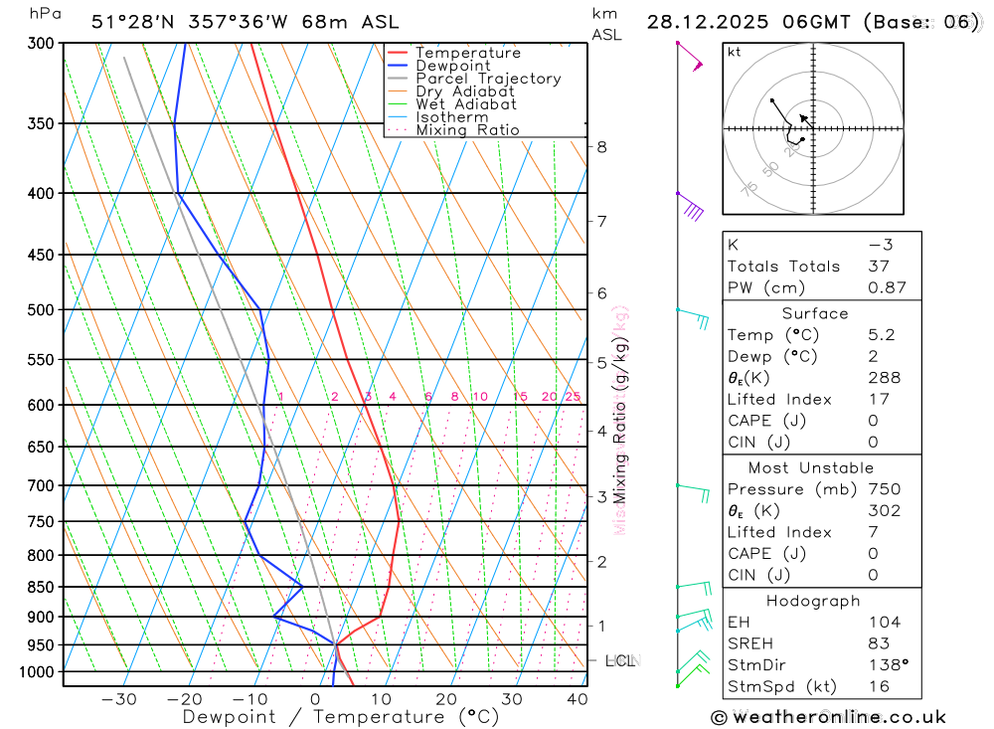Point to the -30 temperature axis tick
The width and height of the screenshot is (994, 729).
(118, 699)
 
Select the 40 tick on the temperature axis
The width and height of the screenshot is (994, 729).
(577, 699)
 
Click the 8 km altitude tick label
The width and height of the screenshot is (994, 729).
(601, 147)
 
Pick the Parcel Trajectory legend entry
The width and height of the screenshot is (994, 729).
(488, 79)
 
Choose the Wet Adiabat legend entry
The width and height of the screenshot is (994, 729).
(466, 104)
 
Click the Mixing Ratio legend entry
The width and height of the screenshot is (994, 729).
(467, 130)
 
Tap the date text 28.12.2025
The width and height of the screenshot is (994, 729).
(698, 22)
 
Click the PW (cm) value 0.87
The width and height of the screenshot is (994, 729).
(887, 287)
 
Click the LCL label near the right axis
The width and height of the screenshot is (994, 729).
(619, 660)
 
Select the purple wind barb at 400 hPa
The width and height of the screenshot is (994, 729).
(691, 208)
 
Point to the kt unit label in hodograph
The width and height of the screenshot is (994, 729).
(735, 52)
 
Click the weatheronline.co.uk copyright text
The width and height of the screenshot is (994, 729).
(828, 717)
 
